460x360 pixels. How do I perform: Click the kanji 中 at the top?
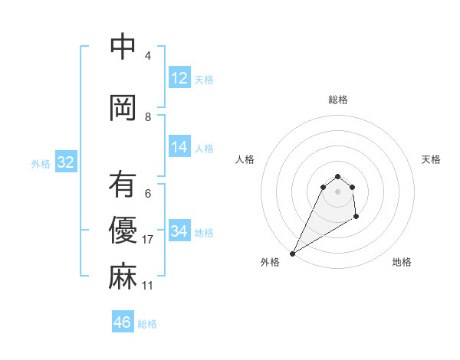click(x=123, y=47)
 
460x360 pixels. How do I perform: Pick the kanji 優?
click(x=123, y=230)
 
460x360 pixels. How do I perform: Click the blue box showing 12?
click(x=179, y=78)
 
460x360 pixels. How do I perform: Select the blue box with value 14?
click(x=179, y=147)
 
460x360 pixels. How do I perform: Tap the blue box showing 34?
click(x=179, y=231)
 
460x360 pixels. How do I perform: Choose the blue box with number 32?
click(x=65, y=162)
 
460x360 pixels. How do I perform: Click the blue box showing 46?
click(x=123, y=322)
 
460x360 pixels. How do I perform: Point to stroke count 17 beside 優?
click(x=149, y=240)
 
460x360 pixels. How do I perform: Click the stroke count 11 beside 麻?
click(x=148, y=286)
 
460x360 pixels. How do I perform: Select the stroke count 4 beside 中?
click(x=148, y=56)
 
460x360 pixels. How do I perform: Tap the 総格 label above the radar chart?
click(x=337, y=100)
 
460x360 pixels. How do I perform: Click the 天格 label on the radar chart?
click(x=432, y=159)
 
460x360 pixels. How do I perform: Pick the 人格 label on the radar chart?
click(x=245, y=159)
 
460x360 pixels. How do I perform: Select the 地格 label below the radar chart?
click(x=402, y=262)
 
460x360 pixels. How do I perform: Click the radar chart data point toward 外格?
click(x=292, y=253)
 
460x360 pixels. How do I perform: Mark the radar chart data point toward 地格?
click(x=356, y=218)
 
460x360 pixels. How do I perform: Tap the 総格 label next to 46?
click(x=147, y=324)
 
